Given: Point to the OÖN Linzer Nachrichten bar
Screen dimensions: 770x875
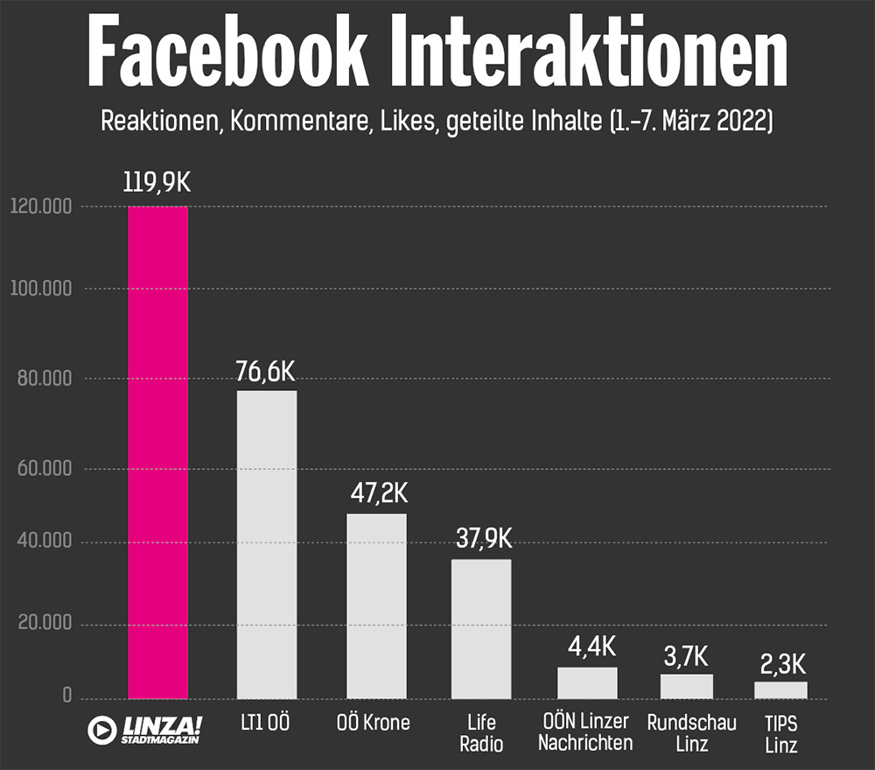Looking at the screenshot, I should (x=587, y=682).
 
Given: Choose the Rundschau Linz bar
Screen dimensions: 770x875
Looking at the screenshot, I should (x=687, y=686).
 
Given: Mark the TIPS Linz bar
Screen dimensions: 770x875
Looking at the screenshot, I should (x=780, y=689).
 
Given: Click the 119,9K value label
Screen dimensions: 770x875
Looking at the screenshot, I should (x=157, y=185).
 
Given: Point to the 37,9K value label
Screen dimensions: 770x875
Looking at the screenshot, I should (x=483, y=538).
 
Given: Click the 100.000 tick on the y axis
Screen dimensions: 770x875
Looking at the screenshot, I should (x=41, y=290).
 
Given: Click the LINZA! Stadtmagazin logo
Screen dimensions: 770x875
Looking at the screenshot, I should (x=145, y=729).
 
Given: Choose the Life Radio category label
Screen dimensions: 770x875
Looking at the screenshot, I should (x=480, y=733).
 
